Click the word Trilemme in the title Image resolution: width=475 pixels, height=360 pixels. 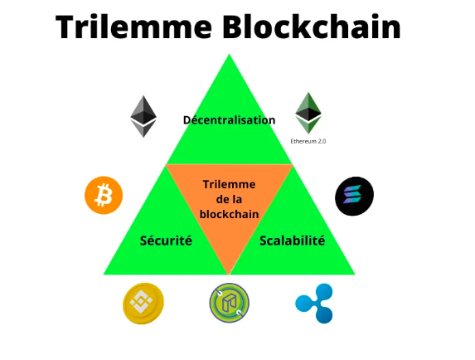[133, 27]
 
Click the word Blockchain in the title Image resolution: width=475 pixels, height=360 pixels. [312, 27]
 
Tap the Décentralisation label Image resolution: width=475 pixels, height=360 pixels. [230, 120]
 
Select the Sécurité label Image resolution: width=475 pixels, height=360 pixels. [166, 241]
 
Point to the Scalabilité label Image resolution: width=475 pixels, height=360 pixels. [293, 241]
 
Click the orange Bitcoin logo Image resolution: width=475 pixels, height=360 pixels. [104, 196]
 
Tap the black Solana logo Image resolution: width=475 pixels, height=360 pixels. [355, 196]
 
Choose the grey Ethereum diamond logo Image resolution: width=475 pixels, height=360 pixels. [143, 116]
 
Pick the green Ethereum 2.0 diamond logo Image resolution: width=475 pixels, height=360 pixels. [308, 113]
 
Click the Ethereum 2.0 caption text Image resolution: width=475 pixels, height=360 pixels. [308, 141]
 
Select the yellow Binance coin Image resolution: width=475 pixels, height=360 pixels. [143, 304]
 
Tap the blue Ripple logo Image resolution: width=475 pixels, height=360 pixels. [314, 304]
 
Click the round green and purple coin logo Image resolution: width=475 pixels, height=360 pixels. [230, 303]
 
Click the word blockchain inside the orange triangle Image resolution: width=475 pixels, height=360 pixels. [229, 214]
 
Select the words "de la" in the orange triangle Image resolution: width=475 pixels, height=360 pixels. [229, 199]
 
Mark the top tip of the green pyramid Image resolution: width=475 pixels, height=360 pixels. [229, 54]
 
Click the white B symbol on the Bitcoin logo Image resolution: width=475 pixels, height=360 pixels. [104, 195]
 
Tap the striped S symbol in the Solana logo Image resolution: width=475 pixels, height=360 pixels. [352, 194]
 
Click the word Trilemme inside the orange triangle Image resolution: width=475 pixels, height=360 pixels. [229, 184]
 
